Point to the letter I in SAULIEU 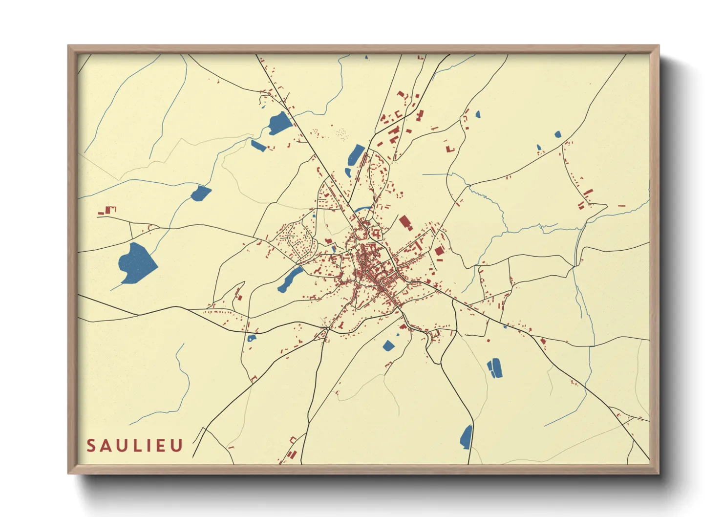148,446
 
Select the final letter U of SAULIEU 177,446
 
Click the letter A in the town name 106,446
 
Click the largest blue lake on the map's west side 136,263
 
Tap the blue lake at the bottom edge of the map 467,437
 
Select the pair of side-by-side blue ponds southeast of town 495,368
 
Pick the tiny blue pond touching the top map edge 366,57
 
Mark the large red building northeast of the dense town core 404,223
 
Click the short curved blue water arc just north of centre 362,209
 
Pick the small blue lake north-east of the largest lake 201,193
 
